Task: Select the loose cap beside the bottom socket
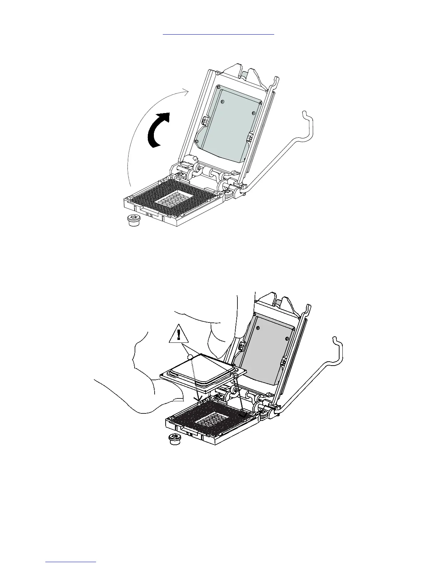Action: (x=174, y=439)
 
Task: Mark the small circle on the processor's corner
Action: (x=190, y=356)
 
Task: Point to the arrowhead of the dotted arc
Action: (x=186, y=92)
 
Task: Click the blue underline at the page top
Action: (x=218, y=35)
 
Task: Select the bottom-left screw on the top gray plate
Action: (x=197, y=142)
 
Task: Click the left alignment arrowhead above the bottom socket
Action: (x=199, y=398)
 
